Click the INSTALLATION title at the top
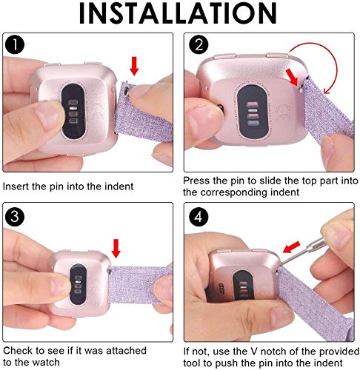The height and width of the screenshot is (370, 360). click(x=180, y=16)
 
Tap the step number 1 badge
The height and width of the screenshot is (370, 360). click(x=17, y=46)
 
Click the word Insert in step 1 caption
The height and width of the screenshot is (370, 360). click(x=16, y=188)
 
